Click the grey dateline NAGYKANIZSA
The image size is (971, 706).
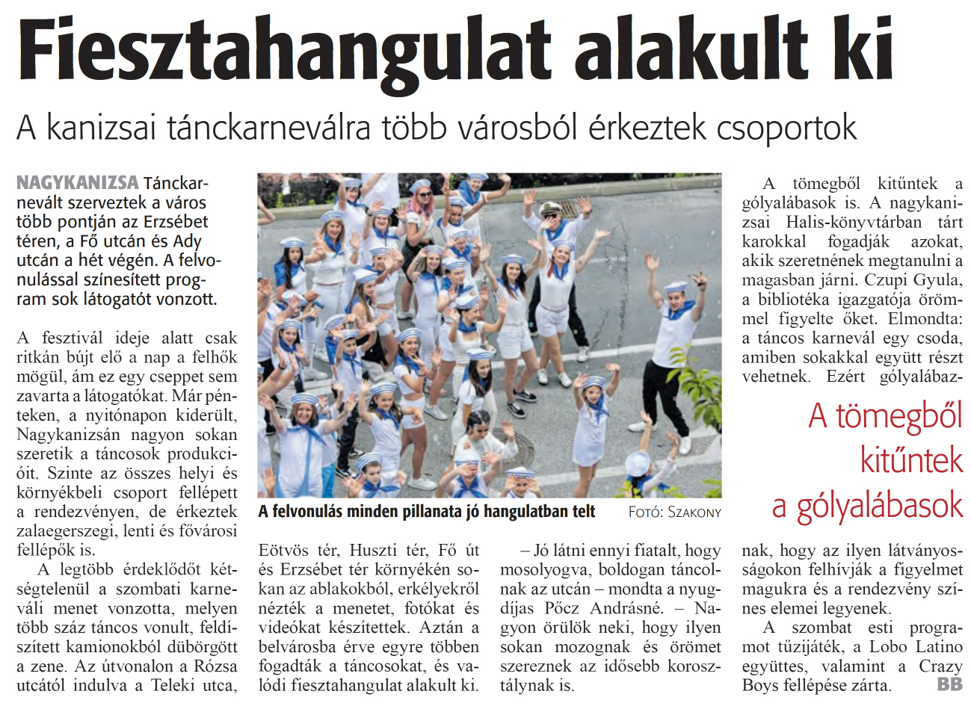78,182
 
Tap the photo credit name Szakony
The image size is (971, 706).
694,512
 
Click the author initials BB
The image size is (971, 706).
949,684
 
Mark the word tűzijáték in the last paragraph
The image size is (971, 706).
807,646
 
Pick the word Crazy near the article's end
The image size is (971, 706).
940,666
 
